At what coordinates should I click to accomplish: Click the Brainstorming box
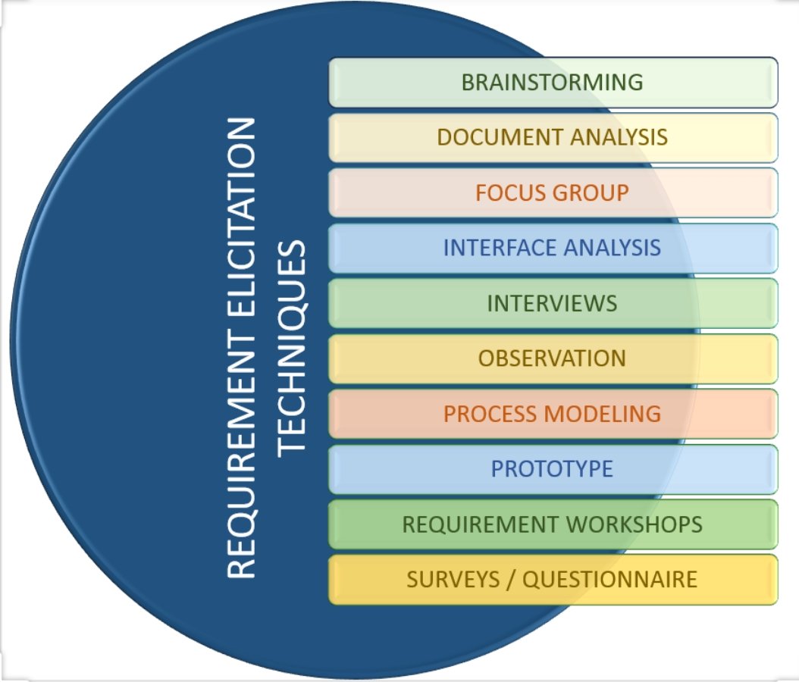pos(553,82)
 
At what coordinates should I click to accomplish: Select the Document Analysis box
pos(553,137)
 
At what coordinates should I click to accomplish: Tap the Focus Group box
pos(553,192)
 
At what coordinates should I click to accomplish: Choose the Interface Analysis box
pos(553,248)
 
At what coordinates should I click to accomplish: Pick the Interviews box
pos(553,303)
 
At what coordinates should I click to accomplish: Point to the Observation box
pos(553,358)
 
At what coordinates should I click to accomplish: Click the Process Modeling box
pos(553,414)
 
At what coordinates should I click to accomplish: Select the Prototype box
pos(553,469)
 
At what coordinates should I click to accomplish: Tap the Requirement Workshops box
pos(553,524)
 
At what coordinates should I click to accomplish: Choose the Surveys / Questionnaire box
pos(553,580)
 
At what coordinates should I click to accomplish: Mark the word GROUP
pos(591,192)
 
